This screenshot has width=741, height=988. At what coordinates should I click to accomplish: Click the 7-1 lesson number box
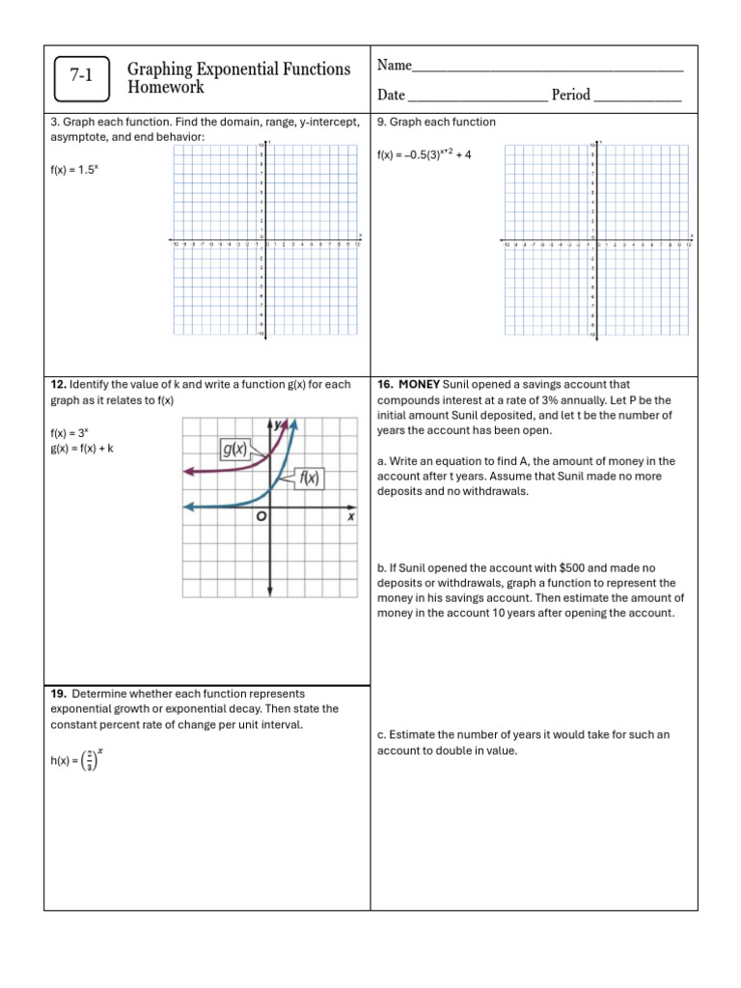81,78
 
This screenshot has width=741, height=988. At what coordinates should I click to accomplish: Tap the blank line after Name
547,69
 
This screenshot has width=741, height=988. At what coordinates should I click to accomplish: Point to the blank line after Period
638,96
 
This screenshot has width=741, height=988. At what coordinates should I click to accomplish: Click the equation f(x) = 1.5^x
74,170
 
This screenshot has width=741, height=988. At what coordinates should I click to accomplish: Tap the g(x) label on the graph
233,449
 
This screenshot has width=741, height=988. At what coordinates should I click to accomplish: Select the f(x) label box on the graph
309,477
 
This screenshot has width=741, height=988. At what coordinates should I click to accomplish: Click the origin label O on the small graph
261,518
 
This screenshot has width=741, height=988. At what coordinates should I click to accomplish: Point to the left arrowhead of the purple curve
188,471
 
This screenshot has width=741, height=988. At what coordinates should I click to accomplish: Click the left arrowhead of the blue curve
188,507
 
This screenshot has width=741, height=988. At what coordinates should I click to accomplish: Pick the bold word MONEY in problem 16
420,384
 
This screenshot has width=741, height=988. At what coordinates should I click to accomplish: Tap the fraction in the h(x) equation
90,761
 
